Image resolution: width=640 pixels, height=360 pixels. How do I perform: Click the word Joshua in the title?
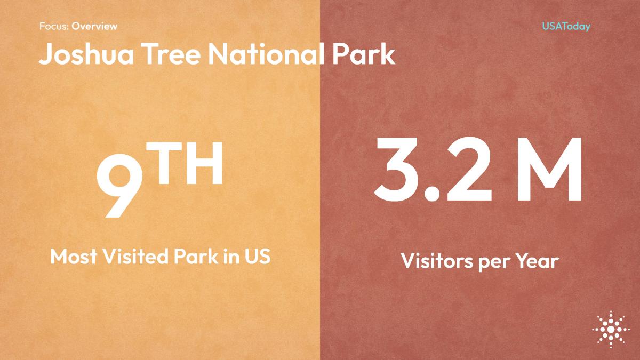(86, 54)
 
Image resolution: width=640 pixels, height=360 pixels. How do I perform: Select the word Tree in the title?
(171, 54)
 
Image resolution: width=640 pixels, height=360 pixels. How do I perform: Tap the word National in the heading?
(266, 54)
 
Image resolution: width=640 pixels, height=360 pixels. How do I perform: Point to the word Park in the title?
(364, 54)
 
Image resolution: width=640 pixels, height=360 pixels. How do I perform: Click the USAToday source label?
(566, 26)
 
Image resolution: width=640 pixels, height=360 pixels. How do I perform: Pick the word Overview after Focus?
(94, 26)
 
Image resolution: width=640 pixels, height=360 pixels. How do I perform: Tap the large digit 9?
(119, 186)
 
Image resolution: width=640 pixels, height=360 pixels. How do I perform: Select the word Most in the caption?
(74, 257)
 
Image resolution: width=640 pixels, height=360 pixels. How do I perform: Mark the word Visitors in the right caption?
(437, 260)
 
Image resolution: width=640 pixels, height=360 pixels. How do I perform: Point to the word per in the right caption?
(494, 263)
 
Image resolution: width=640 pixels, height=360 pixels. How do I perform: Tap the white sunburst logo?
(611, 330)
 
